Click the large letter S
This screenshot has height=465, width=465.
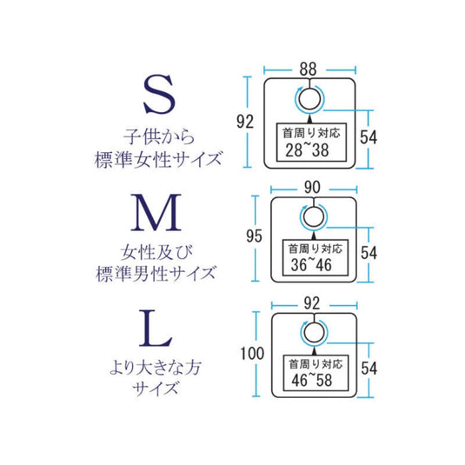point(159,95)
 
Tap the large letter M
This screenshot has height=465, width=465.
point(156,212)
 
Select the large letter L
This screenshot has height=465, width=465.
point(156,329)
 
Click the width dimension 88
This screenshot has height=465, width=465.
point(309,70)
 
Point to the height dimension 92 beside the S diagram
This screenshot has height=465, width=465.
point(245,122)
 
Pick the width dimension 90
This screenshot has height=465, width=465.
point(312,188)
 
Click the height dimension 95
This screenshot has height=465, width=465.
point(254,236)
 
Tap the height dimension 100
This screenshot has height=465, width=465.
point(252,354)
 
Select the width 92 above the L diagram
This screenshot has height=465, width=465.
point(312,303)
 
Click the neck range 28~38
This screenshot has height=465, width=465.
point(307,150)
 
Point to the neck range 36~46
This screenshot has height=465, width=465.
point(311,265)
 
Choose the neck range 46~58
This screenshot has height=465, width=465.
point(312,380)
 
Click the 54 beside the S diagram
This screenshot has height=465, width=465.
point(369,137)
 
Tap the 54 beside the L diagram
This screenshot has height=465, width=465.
point(369,369)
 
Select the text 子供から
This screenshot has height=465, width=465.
point(159,136)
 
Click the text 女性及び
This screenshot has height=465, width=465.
point(156,252)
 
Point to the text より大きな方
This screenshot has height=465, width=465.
point(156,368)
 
